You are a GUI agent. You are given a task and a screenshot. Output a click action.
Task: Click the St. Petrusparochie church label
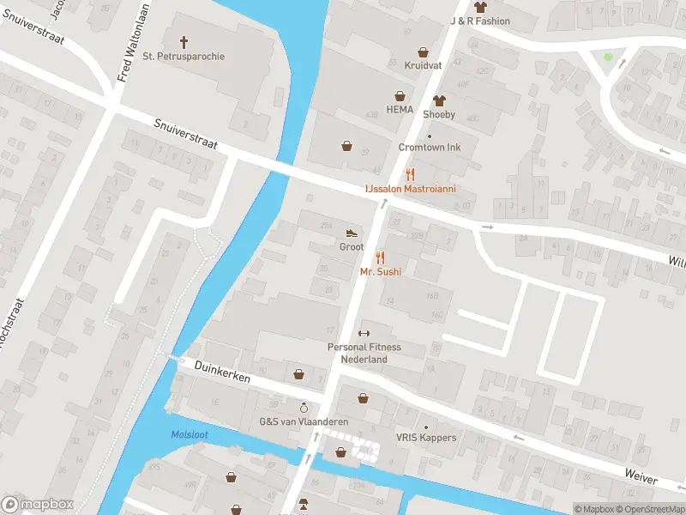pos(184,57)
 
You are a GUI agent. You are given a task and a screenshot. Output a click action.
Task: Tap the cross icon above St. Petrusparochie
pos(184,41)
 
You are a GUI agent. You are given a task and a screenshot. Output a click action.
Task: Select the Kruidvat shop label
pos(422,65)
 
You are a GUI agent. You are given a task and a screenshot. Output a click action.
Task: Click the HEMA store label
pos(400,110)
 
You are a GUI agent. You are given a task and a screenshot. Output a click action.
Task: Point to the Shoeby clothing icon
pos(439,100)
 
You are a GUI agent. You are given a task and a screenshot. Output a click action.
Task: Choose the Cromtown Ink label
pos(430,148)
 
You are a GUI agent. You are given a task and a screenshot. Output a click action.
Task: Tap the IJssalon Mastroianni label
pos(410,188)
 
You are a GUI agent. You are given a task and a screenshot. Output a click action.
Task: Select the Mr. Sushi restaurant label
pos(381,272)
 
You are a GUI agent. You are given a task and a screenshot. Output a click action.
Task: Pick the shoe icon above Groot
pos(352,233)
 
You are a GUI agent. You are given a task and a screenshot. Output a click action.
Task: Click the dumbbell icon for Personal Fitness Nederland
pos(364,334)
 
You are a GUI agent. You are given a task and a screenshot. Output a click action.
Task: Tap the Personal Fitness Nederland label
pos(364,353)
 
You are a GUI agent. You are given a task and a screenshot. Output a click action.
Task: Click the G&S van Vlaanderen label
pos(303,421)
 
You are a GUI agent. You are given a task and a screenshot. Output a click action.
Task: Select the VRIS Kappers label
pos(426,438)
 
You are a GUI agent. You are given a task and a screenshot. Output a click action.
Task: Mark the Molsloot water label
pos(190,435)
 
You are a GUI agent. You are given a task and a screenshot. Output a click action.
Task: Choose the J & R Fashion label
pos(480,21)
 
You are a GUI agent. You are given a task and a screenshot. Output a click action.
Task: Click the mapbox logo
pos(38,505)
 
